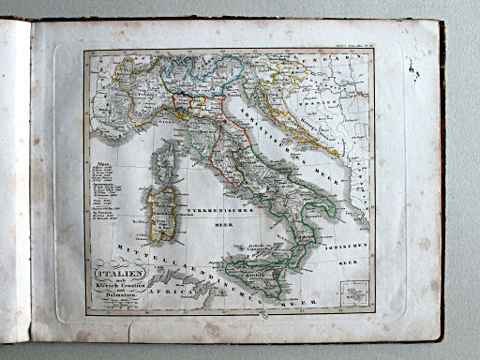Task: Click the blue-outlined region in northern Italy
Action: click(187, 71)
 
